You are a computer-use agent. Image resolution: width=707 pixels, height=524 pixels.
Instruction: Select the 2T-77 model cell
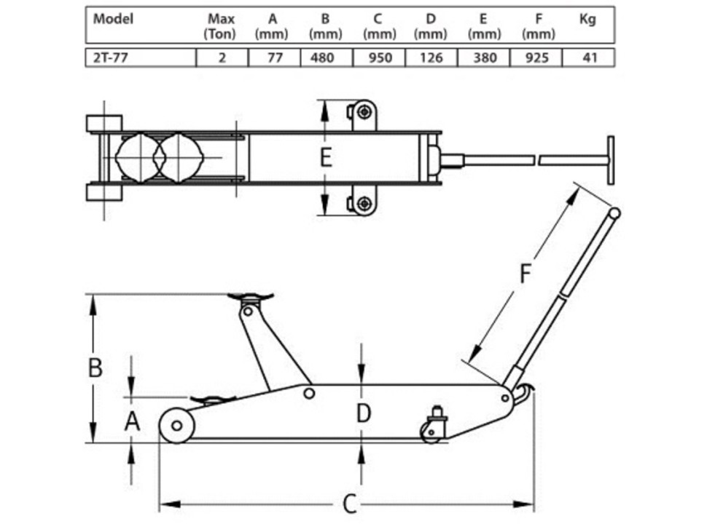click(109, 57)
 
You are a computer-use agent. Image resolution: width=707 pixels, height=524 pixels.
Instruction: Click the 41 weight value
click(588, 57)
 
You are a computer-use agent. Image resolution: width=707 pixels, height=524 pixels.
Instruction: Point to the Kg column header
click(587, 20)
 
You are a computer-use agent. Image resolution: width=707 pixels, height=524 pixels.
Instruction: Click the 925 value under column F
click(536, 57)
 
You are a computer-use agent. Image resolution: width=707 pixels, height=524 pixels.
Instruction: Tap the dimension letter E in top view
click(326, 156)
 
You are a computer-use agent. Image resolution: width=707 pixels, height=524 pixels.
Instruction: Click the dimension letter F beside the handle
click(526, 274)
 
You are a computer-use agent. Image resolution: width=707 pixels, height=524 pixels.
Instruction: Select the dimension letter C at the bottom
click(349, 504)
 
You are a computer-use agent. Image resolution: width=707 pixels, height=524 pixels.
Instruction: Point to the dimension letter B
click(95, 368)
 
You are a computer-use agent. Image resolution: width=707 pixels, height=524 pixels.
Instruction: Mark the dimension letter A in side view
click(131, 421)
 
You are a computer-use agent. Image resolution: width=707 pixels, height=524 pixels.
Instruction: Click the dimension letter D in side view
click(363, 413)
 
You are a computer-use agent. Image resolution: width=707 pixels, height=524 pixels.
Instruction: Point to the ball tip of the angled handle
click(615, 214)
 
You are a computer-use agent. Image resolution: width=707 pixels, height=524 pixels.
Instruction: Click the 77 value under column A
click(273, 57)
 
